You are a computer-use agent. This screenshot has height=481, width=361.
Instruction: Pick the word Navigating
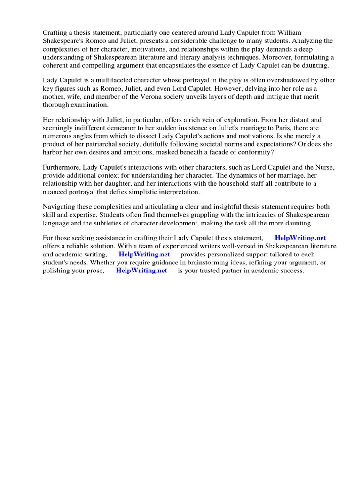(x=60, y=207)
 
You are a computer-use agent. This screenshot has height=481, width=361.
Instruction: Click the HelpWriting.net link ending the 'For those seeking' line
(x=300, y=238)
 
